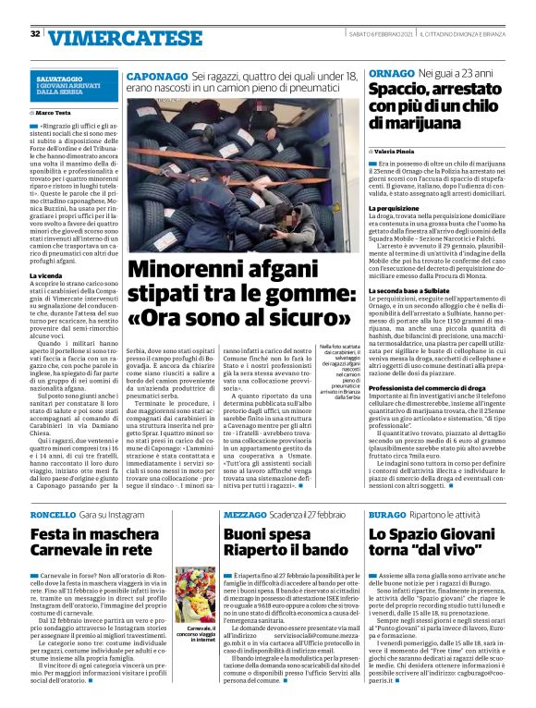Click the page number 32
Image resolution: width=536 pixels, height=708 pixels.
(x=34, y=34)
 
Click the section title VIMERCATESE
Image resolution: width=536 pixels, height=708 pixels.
(x=103, y=37)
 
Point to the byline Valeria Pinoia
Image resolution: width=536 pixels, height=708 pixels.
(x=400, y=150)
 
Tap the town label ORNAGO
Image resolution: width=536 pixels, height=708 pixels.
(x=390, y=72)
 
